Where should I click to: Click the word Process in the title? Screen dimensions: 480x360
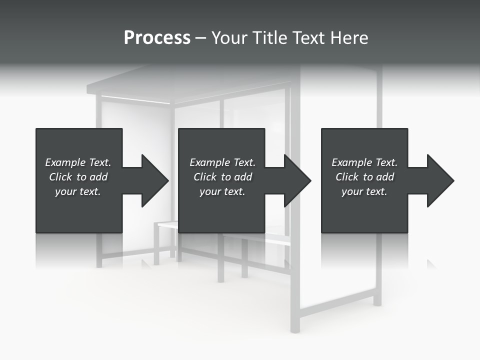(157, 38)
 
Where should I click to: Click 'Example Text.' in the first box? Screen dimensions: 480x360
(78, 162)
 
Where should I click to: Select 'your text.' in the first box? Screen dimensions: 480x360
(78, 191)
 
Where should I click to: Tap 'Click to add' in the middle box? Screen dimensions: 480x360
(222, 177)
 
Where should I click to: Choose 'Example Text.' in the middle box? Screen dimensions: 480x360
(222, 162)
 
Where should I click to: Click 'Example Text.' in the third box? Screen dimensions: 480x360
(364, 162)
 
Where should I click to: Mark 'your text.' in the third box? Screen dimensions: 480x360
(364, 191)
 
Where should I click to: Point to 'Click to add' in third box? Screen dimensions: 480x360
(364, 177)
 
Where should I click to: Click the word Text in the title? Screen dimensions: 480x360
(309, 38)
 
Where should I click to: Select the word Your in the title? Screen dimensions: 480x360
(229, 38)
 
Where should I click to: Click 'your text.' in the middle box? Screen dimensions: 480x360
(222, 191)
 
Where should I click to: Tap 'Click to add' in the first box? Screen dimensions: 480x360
(78, 177)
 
